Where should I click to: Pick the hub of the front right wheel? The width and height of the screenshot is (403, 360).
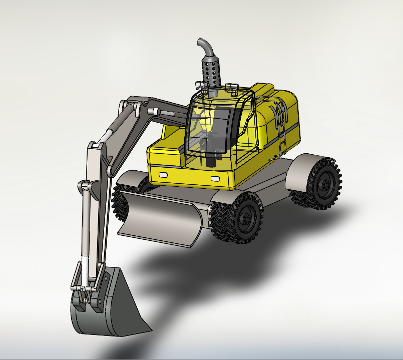(246, 219)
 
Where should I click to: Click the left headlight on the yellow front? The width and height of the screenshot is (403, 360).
(162, 175)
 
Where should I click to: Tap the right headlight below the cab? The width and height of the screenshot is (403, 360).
(215, 179)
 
